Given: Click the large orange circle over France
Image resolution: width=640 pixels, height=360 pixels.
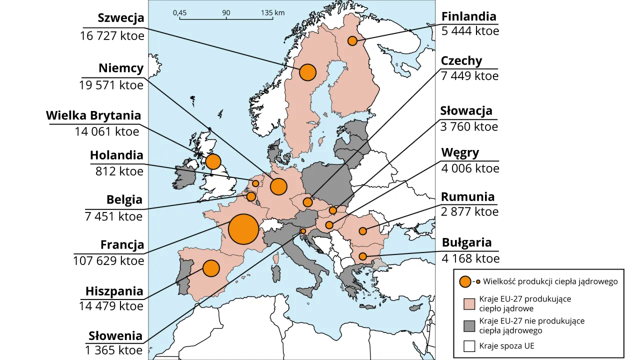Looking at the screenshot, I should (243, 229).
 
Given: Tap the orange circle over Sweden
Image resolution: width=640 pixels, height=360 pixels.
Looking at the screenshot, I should (308, 72).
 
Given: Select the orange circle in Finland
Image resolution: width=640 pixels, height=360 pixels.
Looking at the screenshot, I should (352, 40).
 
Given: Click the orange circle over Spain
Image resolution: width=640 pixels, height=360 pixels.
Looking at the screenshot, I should (211, 268).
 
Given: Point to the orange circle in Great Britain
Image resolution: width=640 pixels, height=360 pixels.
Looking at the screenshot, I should (213, 161).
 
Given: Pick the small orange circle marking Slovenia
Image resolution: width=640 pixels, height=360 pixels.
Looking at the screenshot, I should (303, 230).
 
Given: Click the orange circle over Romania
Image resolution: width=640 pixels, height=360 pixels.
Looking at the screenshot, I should (362, 231).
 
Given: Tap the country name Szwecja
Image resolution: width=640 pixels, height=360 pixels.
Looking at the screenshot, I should (121, 18).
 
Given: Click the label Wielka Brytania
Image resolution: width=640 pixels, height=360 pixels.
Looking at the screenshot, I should (93, 115).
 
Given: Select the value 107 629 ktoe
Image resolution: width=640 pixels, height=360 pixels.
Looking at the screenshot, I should (108, 260).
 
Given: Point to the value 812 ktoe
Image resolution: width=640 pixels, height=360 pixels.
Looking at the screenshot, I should (119, 171).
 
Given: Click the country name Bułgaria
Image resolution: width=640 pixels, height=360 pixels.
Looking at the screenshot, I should (466, 242).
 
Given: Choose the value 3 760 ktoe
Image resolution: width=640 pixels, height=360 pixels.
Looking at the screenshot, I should (469, 126).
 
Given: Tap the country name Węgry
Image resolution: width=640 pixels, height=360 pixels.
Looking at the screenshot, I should (460, 152).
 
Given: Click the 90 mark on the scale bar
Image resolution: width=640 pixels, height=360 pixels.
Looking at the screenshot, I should (226, 12).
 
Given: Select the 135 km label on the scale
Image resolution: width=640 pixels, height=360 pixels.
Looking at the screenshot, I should (272, 12).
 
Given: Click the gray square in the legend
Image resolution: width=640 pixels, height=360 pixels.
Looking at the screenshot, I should (469, 326).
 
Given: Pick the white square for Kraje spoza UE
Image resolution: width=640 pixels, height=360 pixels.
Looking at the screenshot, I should (469, 346).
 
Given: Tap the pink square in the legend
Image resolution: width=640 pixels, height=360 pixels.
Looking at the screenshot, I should (469, 304).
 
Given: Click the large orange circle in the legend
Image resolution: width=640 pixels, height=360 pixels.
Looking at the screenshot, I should (465, 281).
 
